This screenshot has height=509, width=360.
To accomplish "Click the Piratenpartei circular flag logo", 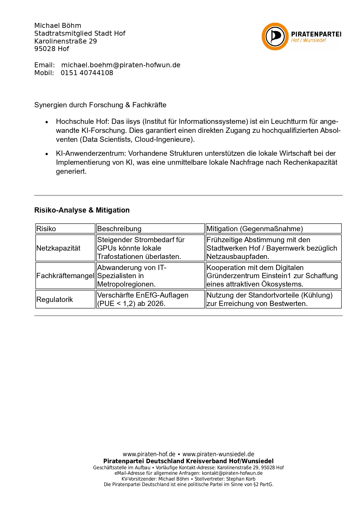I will (x=275, y=37).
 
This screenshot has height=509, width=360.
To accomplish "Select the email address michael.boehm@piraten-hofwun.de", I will (x=121, y=65).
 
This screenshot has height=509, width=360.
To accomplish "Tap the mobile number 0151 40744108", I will (x=87, y=73).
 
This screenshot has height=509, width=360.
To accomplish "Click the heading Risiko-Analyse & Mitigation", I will (x=82, y=210).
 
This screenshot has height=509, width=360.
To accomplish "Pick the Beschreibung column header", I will (x=119, y=229).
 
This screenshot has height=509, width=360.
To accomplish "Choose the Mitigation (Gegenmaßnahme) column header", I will (x=255, y=229).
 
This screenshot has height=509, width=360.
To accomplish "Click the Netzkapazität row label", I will (x=58, y=248).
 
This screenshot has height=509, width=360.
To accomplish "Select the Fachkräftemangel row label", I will (x=65, y=276).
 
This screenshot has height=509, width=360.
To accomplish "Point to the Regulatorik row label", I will (x=55, y=299).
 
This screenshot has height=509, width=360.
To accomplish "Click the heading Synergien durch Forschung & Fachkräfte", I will (x=100, y=105).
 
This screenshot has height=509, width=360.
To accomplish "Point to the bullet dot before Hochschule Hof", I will (x=47, y=122).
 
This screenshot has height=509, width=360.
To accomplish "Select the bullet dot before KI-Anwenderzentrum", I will (x=47, y=154).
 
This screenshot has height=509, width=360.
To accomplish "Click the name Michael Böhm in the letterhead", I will (x=58, y=26).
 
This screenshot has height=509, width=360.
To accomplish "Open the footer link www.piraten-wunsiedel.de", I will (x=218, y=454).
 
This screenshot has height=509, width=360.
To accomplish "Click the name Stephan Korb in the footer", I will (x=241, y=479).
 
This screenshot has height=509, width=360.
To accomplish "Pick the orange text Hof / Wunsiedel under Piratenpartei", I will (x=308, y=40).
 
